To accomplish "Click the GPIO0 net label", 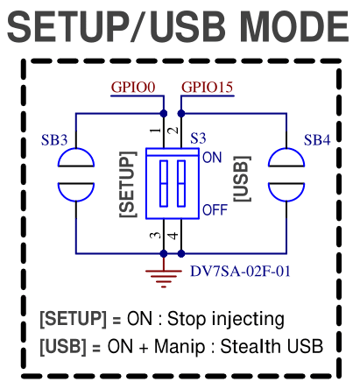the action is pyautogui.click(x=133, y=87).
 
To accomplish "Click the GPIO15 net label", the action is pyautogui.click(x=208, y=87).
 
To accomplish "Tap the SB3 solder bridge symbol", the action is pyautogui.click(x=76, y=174).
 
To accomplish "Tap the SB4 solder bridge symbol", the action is pyautogui.click(x=286, y=174).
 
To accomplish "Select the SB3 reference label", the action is pyautogui.click(x=54, y=140).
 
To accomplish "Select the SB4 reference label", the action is pyautogui.click(x=317, y=140).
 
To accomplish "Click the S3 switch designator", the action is pyautogui.click(x=198, y=138).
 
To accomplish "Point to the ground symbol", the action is pyautogui.click(x=164, y=276).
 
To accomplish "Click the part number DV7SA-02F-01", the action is pyautogui.click(x=240, y=272).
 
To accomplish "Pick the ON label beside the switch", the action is pyautogui.click(x=212, y=158).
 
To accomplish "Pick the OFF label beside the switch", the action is pyautogui.click(x=215, y=210).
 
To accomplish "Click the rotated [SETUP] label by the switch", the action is pyautogui.click(x=128, y=184).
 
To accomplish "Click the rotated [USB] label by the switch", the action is pyautogui.click(x=242, y=179).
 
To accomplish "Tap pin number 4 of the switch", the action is pyautogui.click(x=173, y=236).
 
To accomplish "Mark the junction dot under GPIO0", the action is pyautogui.click(x=164, y=114).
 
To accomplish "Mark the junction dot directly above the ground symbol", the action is pyautogui.click(x=164, y=253).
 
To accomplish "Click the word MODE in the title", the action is pyautogui.click(x=294, y=27).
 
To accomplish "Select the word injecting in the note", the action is pyautogui.click(x=248, y=320).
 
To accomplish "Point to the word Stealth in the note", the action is pyautogui.click(x=251, y=346).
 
